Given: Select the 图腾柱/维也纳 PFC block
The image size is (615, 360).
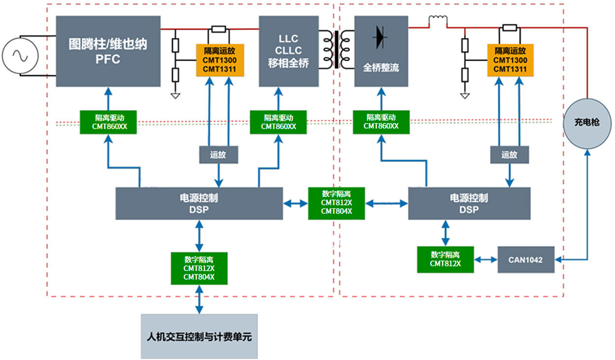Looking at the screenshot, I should (x=108, y=51).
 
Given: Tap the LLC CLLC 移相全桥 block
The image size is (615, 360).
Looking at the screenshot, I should (x=289, y=51).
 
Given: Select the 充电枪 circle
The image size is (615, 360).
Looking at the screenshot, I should (x=587, y=122).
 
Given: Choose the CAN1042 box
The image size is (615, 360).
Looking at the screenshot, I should (x=525, y=260).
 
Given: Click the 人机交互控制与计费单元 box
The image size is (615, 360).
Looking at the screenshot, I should (x=199, y=336).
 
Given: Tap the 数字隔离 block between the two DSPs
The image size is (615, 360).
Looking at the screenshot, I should (x=337, y=203).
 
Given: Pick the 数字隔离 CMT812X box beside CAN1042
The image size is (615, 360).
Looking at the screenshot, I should (x=445, y=259).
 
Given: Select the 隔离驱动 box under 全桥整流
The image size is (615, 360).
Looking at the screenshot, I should (x=381, y=122).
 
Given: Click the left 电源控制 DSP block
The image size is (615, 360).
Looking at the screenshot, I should (x=199, y=203).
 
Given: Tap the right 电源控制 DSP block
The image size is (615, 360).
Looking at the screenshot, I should (x=469, y=203).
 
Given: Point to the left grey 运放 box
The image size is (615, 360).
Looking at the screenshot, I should (x=218, y=155).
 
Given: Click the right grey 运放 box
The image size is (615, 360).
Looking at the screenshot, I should (x=509, y=155).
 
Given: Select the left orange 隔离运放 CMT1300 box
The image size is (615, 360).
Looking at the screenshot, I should (x=220, y=60).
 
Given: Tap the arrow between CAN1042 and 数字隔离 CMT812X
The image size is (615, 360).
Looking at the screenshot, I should (x=485, y=260).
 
